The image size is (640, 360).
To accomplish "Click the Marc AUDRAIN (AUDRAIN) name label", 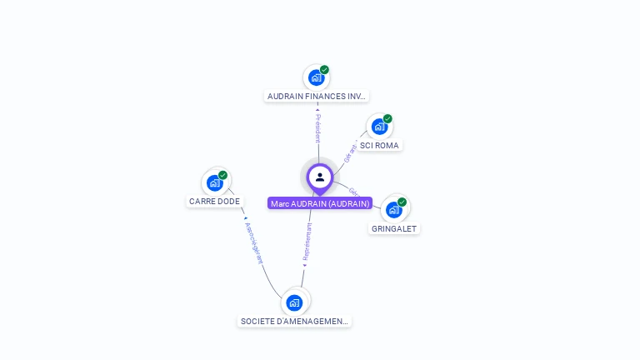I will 320,203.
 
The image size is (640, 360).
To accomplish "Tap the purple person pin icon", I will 320,177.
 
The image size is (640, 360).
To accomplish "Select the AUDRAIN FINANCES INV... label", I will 317,96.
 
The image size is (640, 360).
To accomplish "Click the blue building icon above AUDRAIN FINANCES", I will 316,78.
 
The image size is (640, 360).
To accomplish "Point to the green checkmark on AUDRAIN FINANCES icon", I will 324,70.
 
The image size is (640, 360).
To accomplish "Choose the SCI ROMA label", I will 379,145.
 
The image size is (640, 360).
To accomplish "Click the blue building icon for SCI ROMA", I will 379,127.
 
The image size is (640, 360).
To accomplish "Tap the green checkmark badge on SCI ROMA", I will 387,119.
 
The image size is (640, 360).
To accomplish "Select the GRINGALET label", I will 394,228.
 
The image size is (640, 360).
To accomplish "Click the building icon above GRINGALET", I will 393,210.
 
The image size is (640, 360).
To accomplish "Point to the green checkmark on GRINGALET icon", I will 402,202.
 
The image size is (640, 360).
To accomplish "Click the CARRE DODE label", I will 214,201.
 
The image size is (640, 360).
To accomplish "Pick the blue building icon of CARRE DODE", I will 215,182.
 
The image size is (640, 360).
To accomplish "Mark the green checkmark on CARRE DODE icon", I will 223,175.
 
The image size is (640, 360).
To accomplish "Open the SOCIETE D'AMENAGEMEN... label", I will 295,321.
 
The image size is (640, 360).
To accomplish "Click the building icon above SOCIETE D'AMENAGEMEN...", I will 294,302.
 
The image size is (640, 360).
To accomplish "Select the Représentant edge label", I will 307,242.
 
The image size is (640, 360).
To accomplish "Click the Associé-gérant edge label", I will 253,242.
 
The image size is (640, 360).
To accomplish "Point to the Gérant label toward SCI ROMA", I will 351,152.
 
